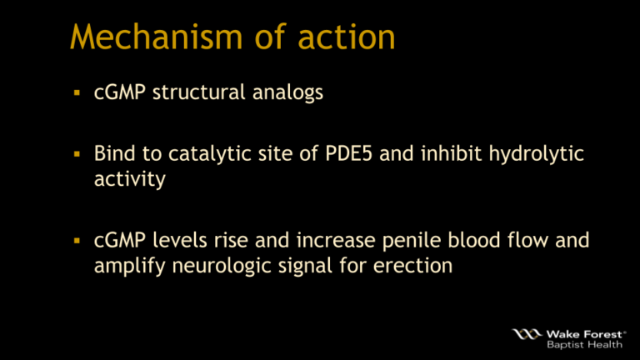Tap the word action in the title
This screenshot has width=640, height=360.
point(350,37)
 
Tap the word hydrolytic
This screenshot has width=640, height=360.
point(517,155)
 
